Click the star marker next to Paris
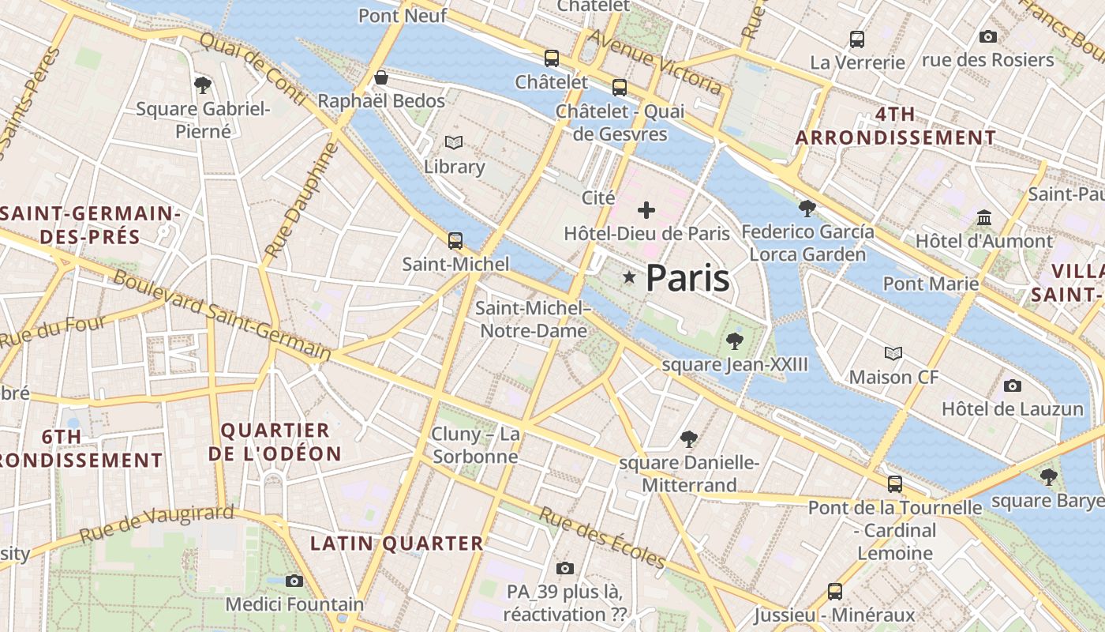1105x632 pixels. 629,277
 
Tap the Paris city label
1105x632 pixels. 687,279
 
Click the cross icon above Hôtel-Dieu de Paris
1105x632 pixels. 646,210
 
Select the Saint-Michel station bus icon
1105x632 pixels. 455,240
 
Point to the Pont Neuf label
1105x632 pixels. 403,16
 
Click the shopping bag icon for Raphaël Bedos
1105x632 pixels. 381,77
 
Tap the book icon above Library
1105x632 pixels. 454,143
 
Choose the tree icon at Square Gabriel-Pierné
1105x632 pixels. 203,85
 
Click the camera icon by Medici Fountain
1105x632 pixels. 294,581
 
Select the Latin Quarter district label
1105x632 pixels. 396,544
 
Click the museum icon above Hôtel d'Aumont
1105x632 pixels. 984,217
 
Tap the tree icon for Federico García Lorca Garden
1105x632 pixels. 807,209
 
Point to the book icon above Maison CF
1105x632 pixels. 893,353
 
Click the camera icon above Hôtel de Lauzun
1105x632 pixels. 1013,386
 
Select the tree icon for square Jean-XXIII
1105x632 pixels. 735,341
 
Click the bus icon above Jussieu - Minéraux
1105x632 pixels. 834,591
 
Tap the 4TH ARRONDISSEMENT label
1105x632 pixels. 895,126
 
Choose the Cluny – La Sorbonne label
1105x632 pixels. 475,445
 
